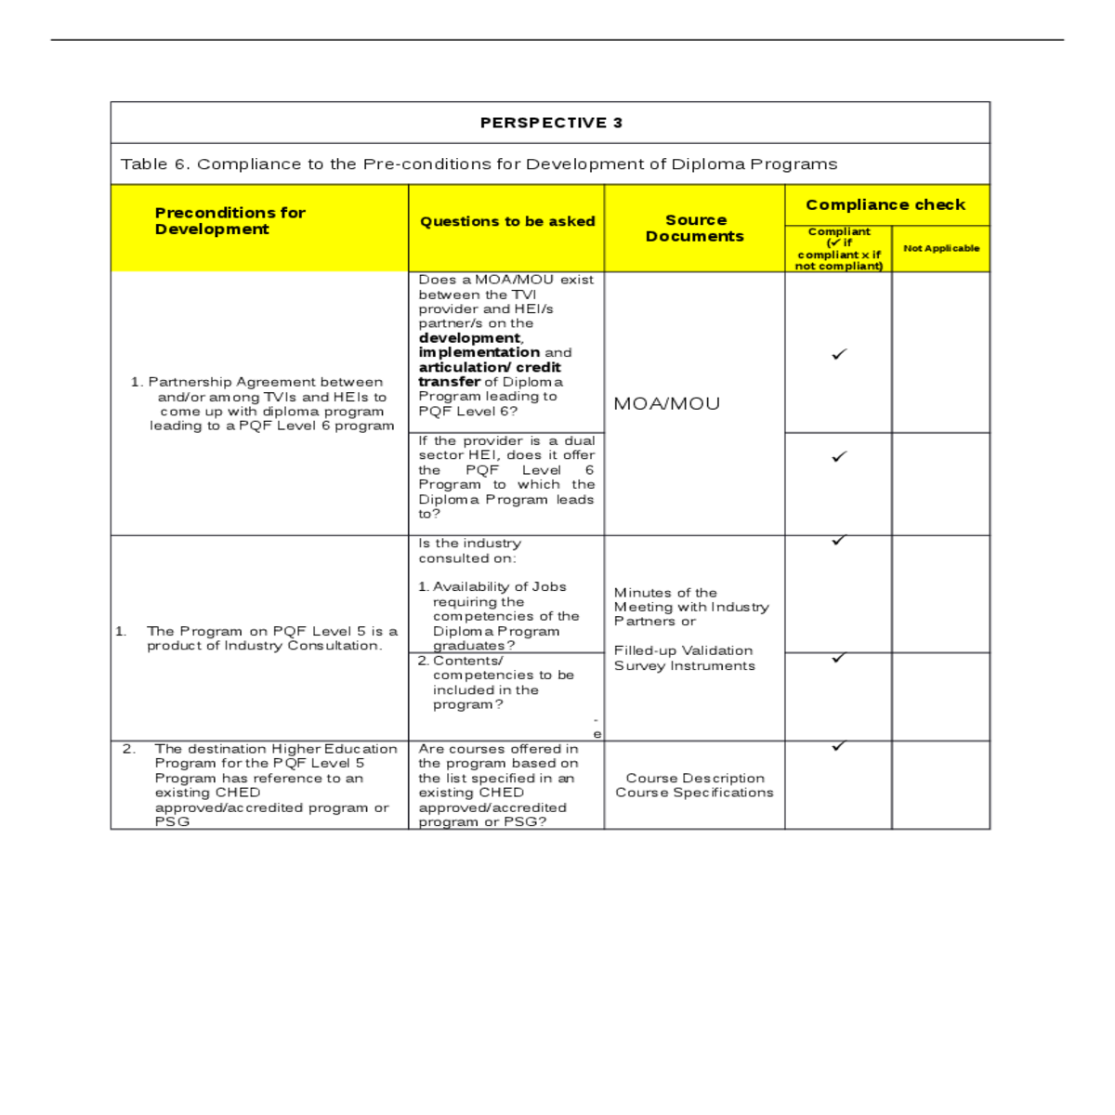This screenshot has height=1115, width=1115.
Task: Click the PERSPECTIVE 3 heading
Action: tap(551, 123)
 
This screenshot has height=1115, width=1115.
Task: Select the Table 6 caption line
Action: tap(479, 164)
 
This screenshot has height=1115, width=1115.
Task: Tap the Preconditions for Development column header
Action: tap(230, 221)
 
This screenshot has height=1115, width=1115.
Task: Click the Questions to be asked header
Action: tap(507, 221)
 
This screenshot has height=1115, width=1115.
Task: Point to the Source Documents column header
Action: tap(695, 229)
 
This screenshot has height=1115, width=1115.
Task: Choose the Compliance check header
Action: tap(885, 204)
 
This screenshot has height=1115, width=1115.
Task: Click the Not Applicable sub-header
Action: tap(941, 249)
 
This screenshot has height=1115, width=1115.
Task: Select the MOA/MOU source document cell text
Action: tap(667, 404)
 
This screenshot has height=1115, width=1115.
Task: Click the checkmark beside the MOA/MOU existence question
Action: tap(839, 354)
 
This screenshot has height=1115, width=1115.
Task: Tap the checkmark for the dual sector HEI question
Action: tap(839, 456)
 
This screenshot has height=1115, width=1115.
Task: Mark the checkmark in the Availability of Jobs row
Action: tap(839, 540)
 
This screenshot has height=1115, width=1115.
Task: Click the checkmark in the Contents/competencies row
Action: tap(839, 658)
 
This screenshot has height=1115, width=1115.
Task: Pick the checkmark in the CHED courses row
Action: tap(839, 745)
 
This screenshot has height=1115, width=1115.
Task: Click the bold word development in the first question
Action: tap(469, 338)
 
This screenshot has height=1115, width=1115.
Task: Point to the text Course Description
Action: tap(695, 779)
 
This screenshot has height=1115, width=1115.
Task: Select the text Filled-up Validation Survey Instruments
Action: tap(684, 658)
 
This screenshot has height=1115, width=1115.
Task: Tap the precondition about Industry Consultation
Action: tap(264, 638)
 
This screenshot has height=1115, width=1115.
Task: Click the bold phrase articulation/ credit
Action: tap(490, 367)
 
